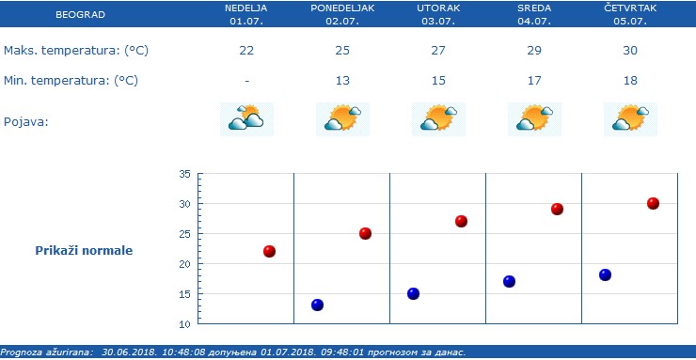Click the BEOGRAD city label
tap(80, 15)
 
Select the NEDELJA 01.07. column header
tap(246, 13)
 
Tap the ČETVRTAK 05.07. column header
tap(630, 13)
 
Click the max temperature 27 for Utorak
tap(438, 50)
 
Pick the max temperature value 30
tap(630, 50)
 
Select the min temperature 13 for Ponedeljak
tap(342, 81)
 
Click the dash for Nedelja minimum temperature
tap(246, 81)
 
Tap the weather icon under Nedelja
tap(246, 118)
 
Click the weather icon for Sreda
tap(534, 118)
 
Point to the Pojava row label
tap(26, 122)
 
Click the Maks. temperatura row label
tap(76, 50)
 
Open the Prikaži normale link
tap(84, 251)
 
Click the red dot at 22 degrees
tap(269, 251)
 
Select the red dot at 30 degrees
tap(653, 203)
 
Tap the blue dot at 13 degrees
tap(317, 305)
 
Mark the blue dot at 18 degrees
tap(605, 274)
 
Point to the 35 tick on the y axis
tap(184, 174)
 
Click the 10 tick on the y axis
tap(184, 324)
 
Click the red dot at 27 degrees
tap(461, 221)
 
